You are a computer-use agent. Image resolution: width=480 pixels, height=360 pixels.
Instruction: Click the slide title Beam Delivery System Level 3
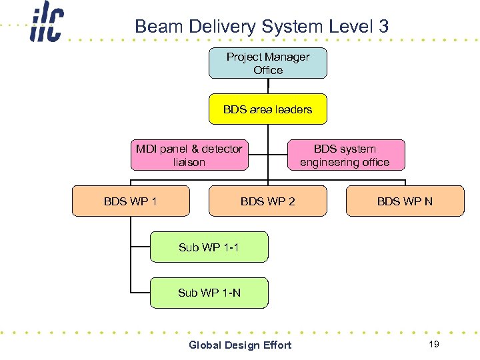point(261,27)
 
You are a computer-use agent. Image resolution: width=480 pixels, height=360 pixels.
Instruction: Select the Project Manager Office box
point(268,63)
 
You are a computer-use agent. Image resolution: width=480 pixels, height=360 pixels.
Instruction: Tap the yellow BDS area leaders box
point(268,109)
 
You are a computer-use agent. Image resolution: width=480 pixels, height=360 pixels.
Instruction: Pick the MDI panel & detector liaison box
point(189,155)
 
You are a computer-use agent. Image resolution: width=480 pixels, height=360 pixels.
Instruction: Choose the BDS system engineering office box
point(345,155)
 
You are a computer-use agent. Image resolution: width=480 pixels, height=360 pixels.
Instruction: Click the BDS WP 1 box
point(131,201)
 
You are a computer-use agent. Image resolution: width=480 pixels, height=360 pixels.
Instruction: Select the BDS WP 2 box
point(268,201)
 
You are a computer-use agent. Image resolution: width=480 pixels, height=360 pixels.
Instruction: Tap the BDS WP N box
point(405,201)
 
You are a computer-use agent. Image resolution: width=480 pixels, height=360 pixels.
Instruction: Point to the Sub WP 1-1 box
point(209,247)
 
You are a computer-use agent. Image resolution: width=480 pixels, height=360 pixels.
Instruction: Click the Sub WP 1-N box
point(209,293)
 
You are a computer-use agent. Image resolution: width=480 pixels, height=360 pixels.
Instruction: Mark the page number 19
point(434,344)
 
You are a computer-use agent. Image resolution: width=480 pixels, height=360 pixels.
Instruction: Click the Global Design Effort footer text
point(240,345)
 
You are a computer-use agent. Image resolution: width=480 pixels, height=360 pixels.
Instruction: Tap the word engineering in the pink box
point(329,162)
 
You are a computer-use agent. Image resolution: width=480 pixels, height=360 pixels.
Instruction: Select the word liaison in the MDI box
point(189,162)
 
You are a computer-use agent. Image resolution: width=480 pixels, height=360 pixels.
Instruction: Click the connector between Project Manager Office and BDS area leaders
point(268,86)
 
